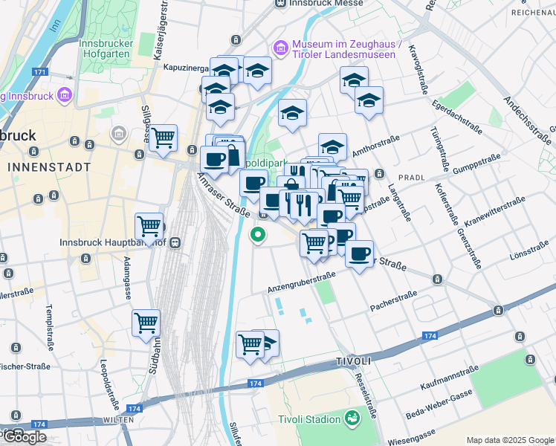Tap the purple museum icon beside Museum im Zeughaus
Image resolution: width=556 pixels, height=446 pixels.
coord(281,49)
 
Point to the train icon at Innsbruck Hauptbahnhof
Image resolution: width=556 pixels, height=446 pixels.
coord(176,242)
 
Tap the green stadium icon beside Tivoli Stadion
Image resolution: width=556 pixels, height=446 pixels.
coord(352,419)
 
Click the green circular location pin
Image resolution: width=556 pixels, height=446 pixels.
coord(258,235)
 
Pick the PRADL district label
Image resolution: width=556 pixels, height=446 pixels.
coord(411,178)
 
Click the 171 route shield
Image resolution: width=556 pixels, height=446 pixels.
coord(40,73)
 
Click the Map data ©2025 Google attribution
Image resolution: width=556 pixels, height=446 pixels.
coord(510,439)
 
